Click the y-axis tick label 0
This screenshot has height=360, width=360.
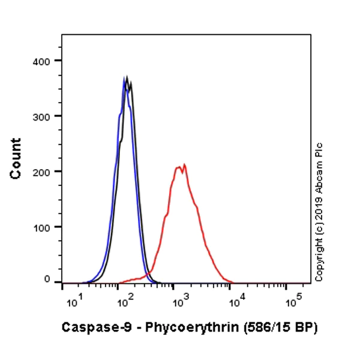[47, 280]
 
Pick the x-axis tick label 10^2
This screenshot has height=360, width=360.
[124, 301]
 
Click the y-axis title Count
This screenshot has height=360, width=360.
[16, 158]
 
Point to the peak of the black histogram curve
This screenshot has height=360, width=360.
[126, 77]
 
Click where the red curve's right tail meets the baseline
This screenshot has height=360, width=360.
[233, 282]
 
